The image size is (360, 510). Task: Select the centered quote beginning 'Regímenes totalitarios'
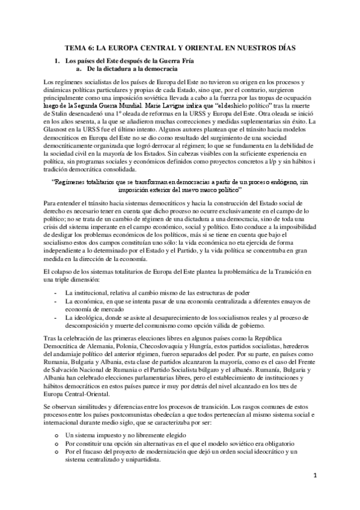pyautogui.click(x=180, y=183)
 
